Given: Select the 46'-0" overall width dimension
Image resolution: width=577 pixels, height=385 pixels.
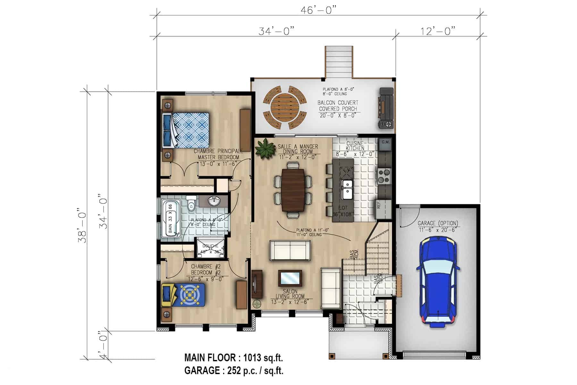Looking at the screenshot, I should pos(319,10).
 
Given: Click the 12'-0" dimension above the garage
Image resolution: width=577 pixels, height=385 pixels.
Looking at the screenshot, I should pos(438,31).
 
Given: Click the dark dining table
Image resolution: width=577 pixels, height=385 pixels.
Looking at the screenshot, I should pos(293,190).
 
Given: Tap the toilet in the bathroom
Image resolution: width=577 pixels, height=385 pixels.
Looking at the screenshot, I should pos(191,204).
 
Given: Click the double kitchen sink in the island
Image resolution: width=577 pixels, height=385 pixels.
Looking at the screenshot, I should pos(347,189).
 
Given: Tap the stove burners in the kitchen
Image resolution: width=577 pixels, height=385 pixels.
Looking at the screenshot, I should pos(384,176).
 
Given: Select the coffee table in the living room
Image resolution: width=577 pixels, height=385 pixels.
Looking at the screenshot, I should pos(290,278).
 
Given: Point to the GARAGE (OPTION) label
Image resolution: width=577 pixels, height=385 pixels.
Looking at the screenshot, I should pos(438,223).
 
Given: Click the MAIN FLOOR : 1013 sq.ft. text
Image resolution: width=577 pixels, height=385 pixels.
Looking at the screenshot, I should pos(233,357).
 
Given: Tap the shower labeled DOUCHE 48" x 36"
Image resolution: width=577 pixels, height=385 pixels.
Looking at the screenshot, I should pos(210,248).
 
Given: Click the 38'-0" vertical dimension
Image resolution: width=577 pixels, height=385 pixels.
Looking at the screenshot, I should pos(83,227).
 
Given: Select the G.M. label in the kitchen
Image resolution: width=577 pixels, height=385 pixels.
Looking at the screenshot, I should pos(385,141).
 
